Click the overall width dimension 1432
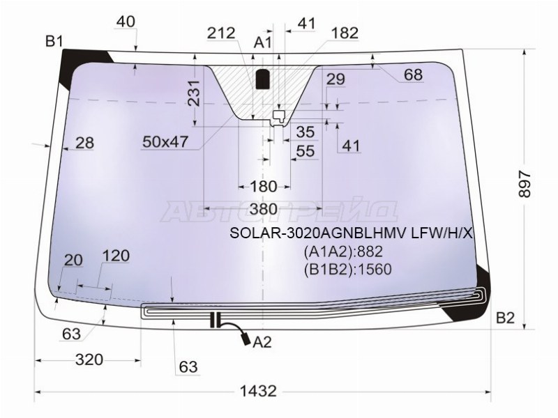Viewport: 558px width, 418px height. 258,391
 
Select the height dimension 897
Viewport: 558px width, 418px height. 525,184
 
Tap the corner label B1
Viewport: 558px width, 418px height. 54,42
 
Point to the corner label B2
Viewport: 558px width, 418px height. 505,318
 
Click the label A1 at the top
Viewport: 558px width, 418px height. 263,42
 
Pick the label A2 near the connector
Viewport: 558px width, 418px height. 262,342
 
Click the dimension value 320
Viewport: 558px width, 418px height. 89,359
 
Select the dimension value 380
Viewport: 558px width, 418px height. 264,209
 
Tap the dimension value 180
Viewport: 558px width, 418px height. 264,186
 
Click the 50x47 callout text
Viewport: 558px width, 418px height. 165,142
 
